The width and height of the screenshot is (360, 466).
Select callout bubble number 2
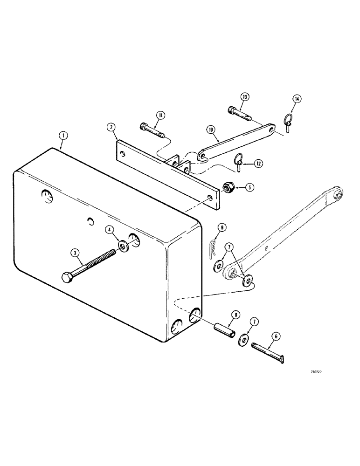[x=111, y=127]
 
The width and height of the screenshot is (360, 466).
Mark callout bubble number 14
[x=297, y=98]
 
